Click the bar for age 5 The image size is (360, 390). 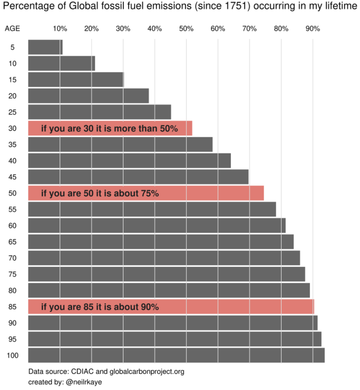pos(45,47)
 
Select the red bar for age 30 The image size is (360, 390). pos(110,128)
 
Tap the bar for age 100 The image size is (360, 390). pos(176,355)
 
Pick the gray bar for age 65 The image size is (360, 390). pos(161,241)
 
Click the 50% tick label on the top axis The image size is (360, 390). pos(186,29)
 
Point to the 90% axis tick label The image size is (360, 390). pos(312,29)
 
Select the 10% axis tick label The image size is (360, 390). pos(60,29)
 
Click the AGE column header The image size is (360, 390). pos(12,29)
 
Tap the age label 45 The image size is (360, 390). pos(12,177)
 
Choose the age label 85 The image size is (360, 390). pos(12,307)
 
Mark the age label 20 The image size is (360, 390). pos(12,96)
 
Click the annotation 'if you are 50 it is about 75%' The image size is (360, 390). pos(100,193)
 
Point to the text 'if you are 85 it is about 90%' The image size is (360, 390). pos(100,307)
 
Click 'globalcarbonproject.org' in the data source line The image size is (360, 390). pos(147,371)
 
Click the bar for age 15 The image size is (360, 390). pos(76,79)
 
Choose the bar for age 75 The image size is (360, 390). pos(166,274)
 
